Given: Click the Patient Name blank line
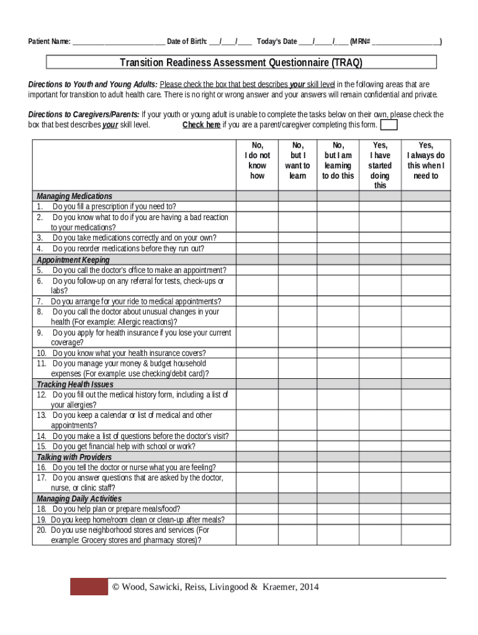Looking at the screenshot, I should click(x=119, y=42).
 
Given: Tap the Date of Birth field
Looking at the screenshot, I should click(x=230, y=42).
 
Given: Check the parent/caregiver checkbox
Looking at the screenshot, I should click(x=389, y=125).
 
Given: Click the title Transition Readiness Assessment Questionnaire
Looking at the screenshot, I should click(x=241, y=63).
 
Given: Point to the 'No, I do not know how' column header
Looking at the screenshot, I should click(x=257, y=161).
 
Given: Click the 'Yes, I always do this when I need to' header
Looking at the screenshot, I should click(x=426, y=161).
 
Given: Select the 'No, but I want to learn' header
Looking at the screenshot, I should click(x=297, y=161).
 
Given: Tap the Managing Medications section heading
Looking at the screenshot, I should click(x=74, y=196).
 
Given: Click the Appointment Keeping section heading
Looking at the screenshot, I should click(x=73, y=260).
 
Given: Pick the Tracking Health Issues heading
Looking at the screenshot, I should click(x=75, y=384).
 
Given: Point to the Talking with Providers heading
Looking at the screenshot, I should click(x=74, y=457).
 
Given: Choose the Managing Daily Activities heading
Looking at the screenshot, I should click(x=79, y=499).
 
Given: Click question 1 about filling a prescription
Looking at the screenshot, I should click(x=114, y=206).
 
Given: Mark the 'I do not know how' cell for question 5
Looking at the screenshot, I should click(x=257, y=270).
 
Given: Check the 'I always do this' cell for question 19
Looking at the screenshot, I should click(x=426, y=520).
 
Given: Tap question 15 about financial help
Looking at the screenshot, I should click(x=124, y=446).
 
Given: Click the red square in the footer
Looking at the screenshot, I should click(x=89, y=587).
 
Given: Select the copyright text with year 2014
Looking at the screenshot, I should click(x=215, y=587).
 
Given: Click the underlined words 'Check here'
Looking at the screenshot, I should click(x=201, y=125).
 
